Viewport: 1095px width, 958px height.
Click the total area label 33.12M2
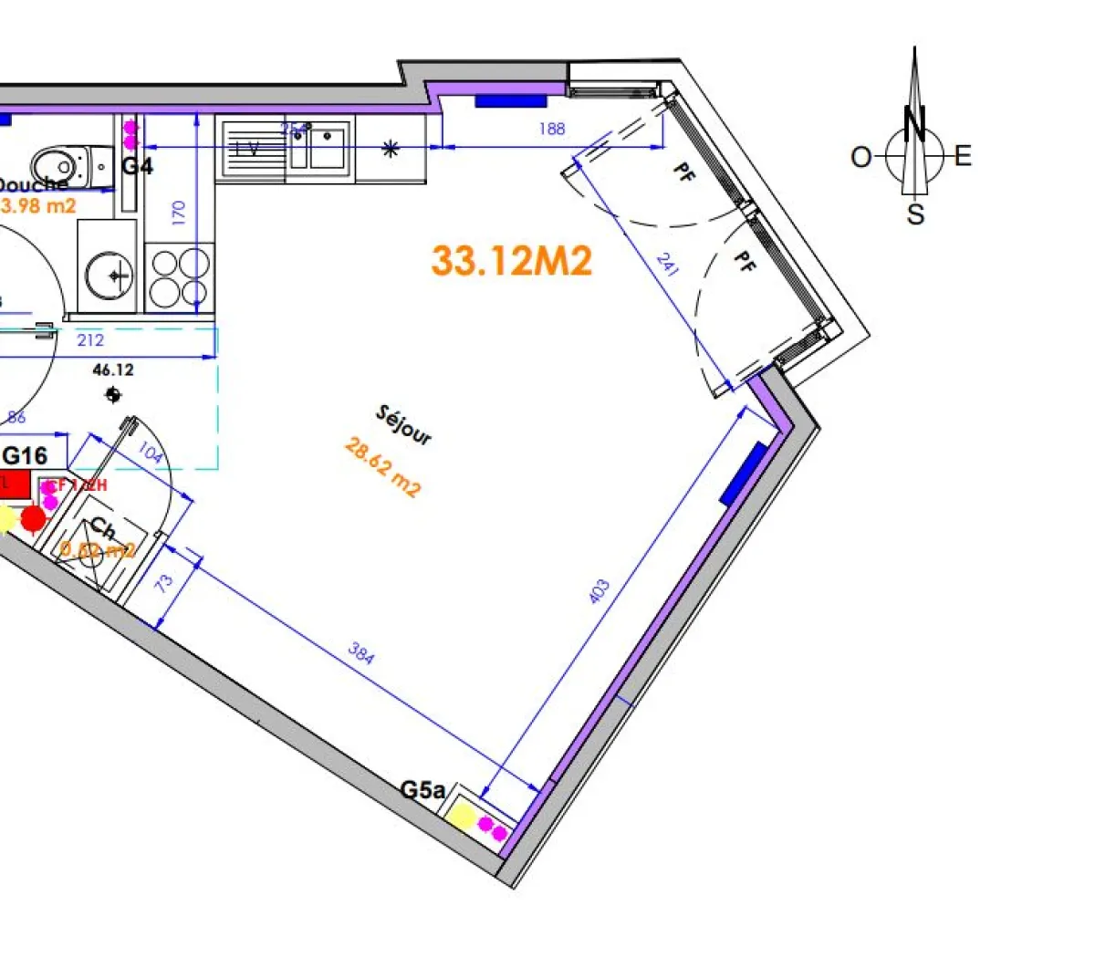[512, 261]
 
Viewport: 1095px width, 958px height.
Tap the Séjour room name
[403, 425]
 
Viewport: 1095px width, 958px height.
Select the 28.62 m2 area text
[383, 467]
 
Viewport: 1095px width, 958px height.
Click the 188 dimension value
[552, 129]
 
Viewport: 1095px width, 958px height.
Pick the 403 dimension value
[599, 591]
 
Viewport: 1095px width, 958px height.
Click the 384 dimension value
[361, 653]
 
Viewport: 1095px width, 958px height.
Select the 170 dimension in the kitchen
[179, 213]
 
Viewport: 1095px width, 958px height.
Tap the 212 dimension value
[90, 340]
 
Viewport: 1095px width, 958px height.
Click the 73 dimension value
[164, 584]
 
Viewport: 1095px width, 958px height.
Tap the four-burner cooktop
[179, 277]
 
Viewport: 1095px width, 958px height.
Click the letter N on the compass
[914, 122]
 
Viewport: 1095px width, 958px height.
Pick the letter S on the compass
[915, 215]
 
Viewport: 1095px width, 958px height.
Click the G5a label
[423, 790]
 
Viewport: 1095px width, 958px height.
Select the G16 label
[26, 454]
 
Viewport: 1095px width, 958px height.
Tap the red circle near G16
[34, 518]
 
